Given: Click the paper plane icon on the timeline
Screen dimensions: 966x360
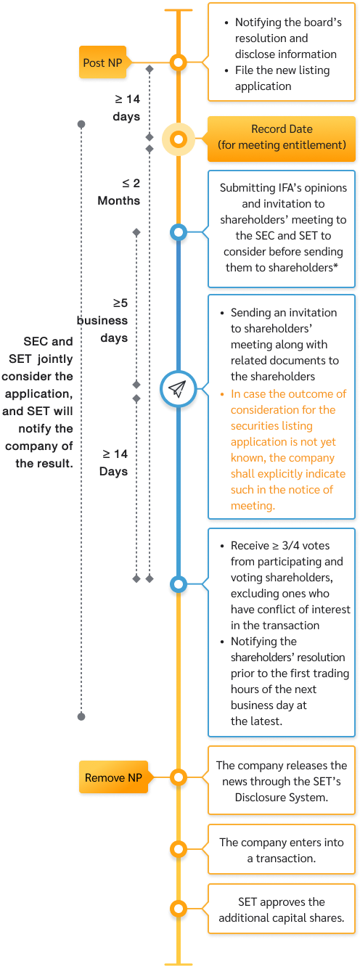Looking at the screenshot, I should [x=178, y=390].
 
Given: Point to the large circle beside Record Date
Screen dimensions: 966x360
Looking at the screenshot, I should [x=178, y=139].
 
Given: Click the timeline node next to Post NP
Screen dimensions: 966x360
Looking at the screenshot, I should [x=178, y=62].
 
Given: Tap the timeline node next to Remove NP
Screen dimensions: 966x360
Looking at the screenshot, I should [x=178, y=778].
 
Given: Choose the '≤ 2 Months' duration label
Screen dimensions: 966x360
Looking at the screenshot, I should [x=120, y=192].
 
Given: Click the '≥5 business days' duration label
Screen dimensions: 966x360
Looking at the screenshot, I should [x=103, y=320].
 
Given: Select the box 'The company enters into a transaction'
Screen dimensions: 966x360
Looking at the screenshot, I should [x=282, y=850].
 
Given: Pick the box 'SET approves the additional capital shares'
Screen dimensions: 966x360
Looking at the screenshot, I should [x=282, y=909].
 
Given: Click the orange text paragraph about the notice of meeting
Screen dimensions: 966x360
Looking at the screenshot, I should [x=288, y=450].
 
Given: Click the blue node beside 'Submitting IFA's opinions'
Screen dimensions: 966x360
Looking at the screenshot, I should [x=178, y=233].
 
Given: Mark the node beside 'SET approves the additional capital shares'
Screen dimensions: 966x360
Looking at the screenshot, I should [x=178, y=909].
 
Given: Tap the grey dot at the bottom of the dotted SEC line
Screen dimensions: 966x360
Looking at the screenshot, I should [x=81, y=716].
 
